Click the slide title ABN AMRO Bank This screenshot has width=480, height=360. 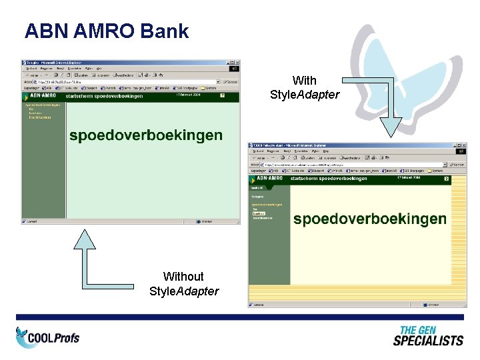coord(107,31)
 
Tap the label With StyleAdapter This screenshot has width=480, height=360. coord(305,88)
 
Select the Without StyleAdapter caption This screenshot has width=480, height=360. coord(183,283)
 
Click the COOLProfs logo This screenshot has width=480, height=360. coord(47,337)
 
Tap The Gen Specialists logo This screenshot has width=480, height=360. coord(427,336)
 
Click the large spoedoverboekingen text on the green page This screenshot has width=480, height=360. coord(146,135)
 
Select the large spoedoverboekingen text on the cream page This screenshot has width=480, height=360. coord(370,219)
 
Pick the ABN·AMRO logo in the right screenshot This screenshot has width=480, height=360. coord(270,178)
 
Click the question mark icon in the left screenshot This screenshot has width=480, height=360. coord(223,96)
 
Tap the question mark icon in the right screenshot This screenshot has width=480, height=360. coord(447,179)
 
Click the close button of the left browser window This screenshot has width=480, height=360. coord(237,62)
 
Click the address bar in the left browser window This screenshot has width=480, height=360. coord(127,81)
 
